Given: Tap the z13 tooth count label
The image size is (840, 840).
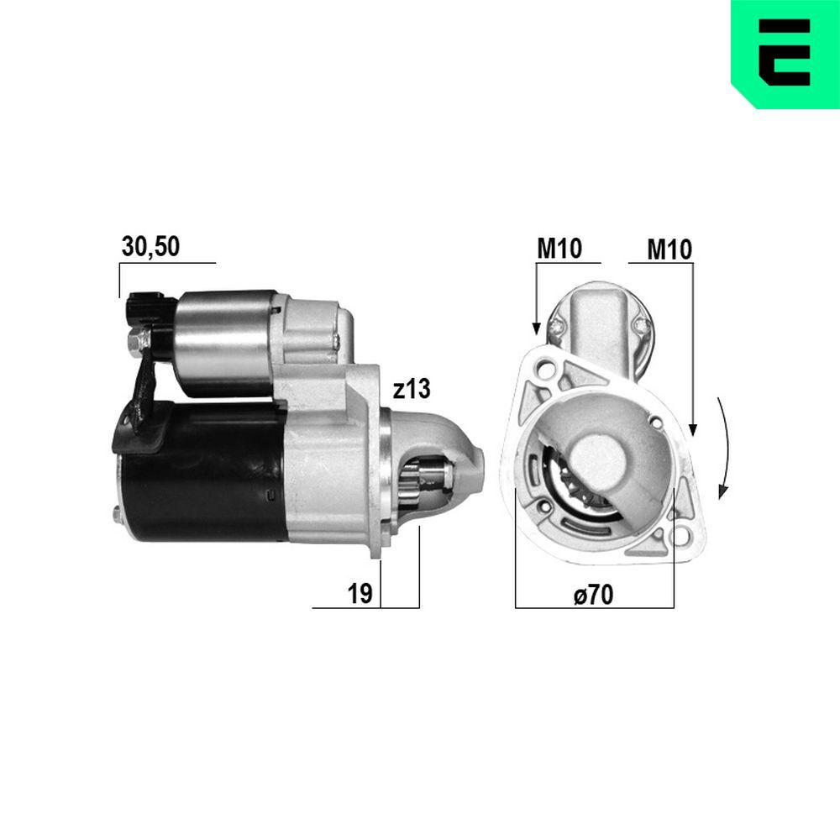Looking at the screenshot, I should click(411, 388).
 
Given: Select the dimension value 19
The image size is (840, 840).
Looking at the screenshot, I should click(360, 593).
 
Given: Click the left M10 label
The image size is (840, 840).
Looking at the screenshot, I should click(559, 249).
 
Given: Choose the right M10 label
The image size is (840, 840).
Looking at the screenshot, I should click(669, 249).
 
